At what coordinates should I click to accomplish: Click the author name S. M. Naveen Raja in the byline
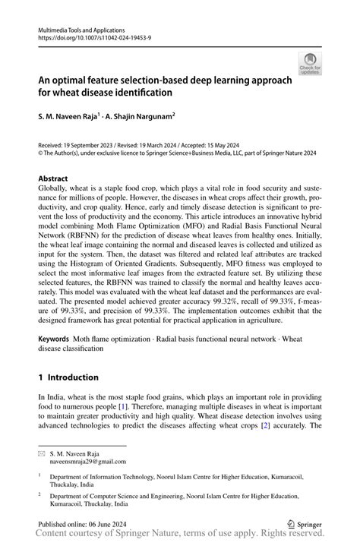[x=72, y=118]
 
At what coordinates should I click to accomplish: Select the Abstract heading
[x=54, y=180]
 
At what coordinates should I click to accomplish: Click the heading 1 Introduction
[x=68, y=377]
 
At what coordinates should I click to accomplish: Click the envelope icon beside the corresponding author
[x=42, y=452]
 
